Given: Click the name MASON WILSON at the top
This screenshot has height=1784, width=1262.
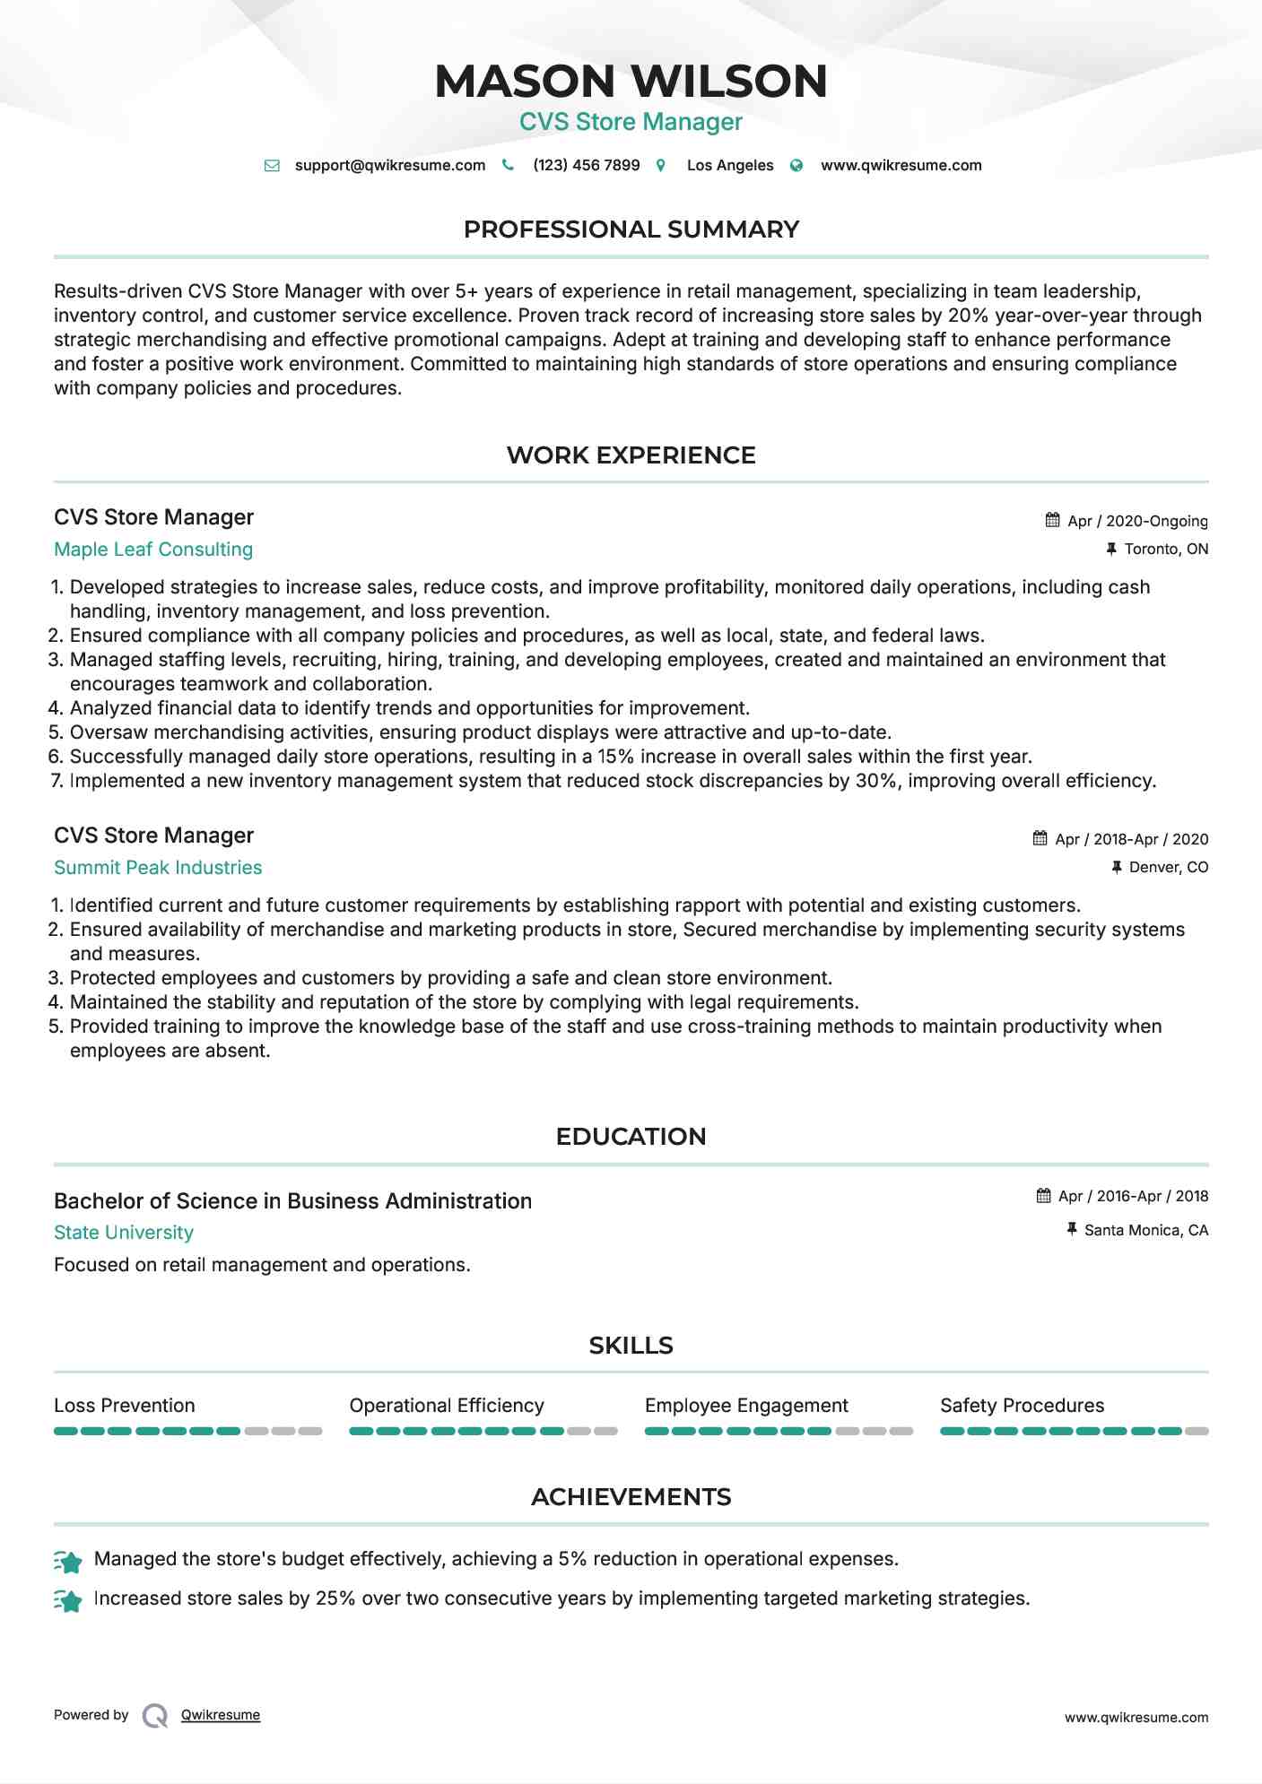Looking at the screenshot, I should tap(631, 81).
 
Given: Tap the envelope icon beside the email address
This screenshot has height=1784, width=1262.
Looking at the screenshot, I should tap(272, 166).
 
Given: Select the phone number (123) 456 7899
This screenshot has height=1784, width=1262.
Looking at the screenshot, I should tap(586, 166).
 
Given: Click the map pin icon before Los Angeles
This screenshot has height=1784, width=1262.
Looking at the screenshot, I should tap(661, 166).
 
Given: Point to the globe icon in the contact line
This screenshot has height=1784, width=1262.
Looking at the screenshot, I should tap(796, 166).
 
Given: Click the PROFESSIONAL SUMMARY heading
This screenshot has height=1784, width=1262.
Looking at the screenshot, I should tap(631, 229).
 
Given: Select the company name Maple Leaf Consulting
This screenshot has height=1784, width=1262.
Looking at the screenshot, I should tap(153, 550).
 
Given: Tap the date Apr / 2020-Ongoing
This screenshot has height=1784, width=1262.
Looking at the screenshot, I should tap(1137, 522).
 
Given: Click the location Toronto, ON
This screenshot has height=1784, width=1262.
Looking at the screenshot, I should tap(1166, 550).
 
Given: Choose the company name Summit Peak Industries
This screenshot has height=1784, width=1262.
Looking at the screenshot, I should tap(158, 868).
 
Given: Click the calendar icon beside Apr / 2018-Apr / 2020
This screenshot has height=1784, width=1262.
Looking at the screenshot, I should tap(1040, 839).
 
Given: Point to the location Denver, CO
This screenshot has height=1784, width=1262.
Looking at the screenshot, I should tap(1169, 868).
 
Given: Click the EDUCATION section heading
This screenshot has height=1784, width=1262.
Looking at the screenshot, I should tap(631, 1137).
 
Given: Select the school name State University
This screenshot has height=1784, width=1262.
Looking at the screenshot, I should tap(124, 1233).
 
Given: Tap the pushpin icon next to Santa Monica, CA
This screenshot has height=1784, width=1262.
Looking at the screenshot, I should tap(1072, 1230).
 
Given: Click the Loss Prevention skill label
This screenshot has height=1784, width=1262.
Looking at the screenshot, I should tap(125, 1406).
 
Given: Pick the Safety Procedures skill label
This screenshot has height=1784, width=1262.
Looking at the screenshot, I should tap(1022, 1406).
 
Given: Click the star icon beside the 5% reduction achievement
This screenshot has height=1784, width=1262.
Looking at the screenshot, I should tap(69, 1562).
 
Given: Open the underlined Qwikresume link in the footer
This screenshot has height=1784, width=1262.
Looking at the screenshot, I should tap(221, 1715).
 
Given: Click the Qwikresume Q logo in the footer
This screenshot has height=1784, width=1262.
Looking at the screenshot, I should tap(155, 1716).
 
